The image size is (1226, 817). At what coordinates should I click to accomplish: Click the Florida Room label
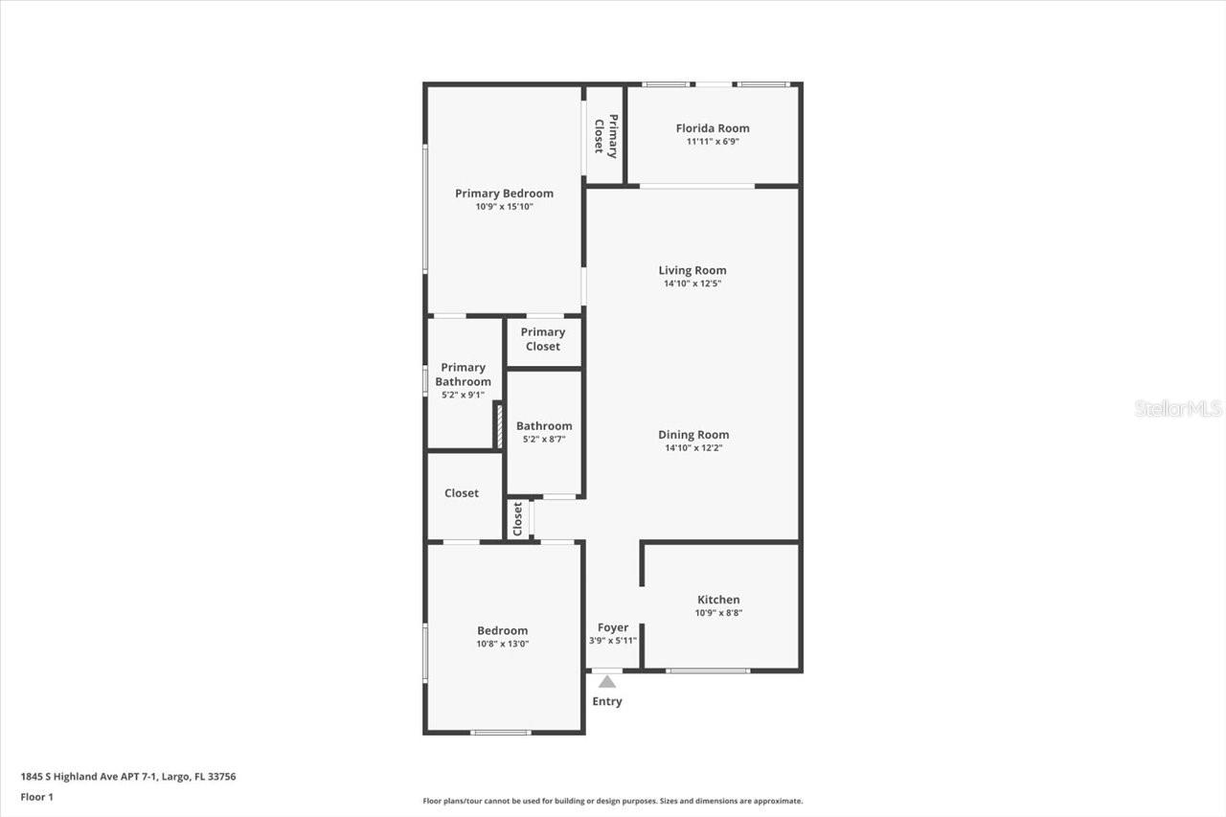click(713, 128)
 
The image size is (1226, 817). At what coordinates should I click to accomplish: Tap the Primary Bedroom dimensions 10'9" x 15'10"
click(504, 207)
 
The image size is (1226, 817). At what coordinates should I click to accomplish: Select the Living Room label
click(692, 270)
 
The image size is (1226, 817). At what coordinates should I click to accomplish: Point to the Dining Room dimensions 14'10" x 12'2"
click(693, 448)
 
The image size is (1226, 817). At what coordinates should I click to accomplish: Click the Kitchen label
click(718, 600)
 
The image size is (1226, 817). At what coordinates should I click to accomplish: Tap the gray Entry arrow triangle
click(606, 682)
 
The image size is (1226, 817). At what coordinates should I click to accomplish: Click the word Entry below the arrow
click(607, 702)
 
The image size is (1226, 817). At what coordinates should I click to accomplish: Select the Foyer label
click(613, 628)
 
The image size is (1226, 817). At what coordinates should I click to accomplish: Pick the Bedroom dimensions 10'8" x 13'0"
click(503, 645)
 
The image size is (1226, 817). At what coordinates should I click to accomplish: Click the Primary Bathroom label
click(464, 374)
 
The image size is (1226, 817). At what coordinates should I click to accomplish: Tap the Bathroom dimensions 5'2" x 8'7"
click(544, 440)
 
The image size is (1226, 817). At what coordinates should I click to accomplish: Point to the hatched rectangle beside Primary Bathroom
click(499, 426)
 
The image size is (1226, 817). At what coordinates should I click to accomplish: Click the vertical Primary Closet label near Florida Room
click(605, 135)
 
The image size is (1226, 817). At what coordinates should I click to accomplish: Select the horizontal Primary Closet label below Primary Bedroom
click(543, 339)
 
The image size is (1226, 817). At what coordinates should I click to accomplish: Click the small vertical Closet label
click(518, 519)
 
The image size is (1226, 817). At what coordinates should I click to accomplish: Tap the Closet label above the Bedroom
click(462, 493)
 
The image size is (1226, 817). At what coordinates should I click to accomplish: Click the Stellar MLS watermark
click(1178, 409)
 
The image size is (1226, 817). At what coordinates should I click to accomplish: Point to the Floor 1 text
click(37, 797)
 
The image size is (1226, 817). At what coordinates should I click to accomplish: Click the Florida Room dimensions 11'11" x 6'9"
click(713, 142)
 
